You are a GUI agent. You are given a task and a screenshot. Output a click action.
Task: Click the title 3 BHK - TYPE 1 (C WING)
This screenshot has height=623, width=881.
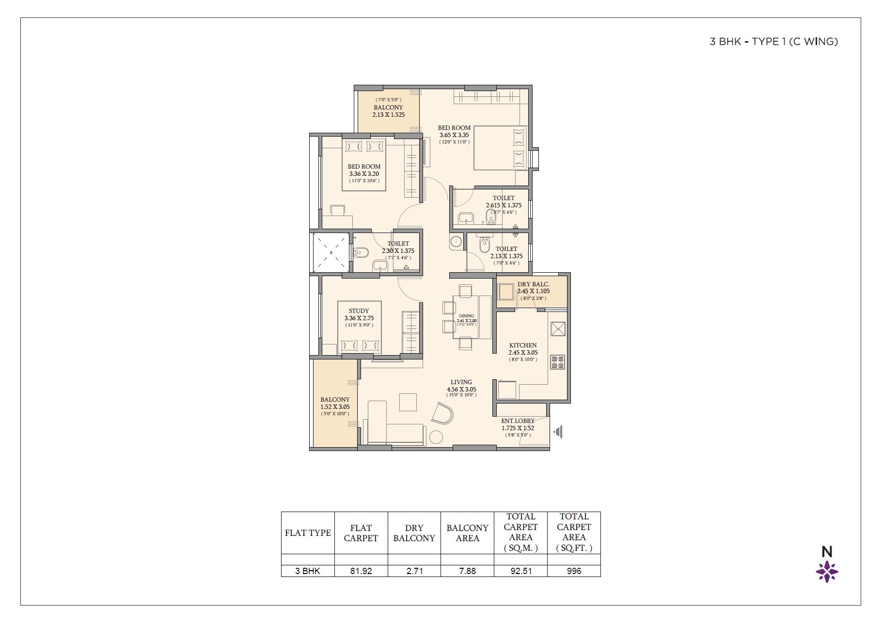click(x=773, y=42)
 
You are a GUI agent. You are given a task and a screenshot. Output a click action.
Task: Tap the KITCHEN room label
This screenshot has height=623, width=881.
click(x=522, y=345)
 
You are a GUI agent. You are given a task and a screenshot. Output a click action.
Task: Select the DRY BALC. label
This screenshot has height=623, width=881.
click(x=533, y=284)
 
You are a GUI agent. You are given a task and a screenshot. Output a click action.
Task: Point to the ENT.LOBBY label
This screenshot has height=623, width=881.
click(x=518, y=421)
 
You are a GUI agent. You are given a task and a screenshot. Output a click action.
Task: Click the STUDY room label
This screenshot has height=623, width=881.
click(x=359, y=311)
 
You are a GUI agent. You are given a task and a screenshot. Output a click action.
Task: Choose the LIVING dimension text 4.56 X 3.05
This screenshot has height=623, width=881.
click(x=461, y=389)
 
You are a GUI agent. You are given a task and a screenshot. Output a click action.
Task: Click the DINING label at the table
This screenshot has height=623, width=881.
click(x=466, y=316)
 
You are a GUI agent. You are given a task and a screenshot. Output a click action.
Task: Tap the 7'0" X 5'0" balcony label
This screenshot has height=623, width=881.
click(x=388, y=100)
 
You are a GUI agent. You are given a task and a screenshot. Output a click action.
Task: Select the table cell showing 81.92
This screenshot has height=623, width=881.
click(x=361, y=571)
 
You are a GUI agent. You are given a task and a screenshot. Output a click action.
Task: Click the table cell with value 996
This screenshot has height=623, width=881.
click(x=574, y=571)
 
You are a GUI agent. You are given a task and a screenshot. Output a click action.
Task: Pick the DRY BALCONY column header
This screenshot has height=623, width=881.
click(x=414, y=533)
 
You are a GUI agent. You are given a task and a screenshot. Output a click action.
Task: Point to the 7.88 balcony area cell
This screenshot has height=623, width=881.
click(x=467, y=571)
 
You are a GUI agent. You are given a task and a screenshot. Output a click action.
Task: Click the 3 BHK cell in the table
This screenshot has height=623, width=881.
click(x=308, y=571)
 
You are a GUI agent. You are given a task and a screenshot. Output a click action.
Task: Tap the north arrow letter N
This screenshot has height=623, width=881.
click(x=827, y=552)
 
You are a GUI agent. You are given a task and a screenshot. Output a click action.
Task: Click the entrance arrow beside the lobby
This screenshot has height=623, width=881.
click(x=558, y=432)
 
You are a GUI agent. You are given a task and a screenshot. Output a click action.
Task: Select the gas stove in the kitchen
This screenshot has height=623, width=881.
click(x=557, y=362)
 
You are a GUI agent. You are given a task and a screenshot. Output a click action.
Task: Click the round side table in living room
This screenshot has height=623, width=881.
click(x=436, y=437)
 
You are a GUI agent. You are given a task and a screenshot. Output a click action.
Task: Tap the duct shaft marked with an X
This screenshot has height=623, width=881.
click(x=331, y=252)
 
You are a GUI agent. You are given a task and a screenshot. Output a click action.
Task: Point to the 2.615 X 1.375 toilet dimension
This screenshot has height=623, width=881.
click(x=503, y=205)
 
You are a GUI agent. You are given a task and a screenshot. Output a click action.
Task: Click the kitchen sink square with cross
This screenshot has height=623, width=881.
click(x=558, y=329)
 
